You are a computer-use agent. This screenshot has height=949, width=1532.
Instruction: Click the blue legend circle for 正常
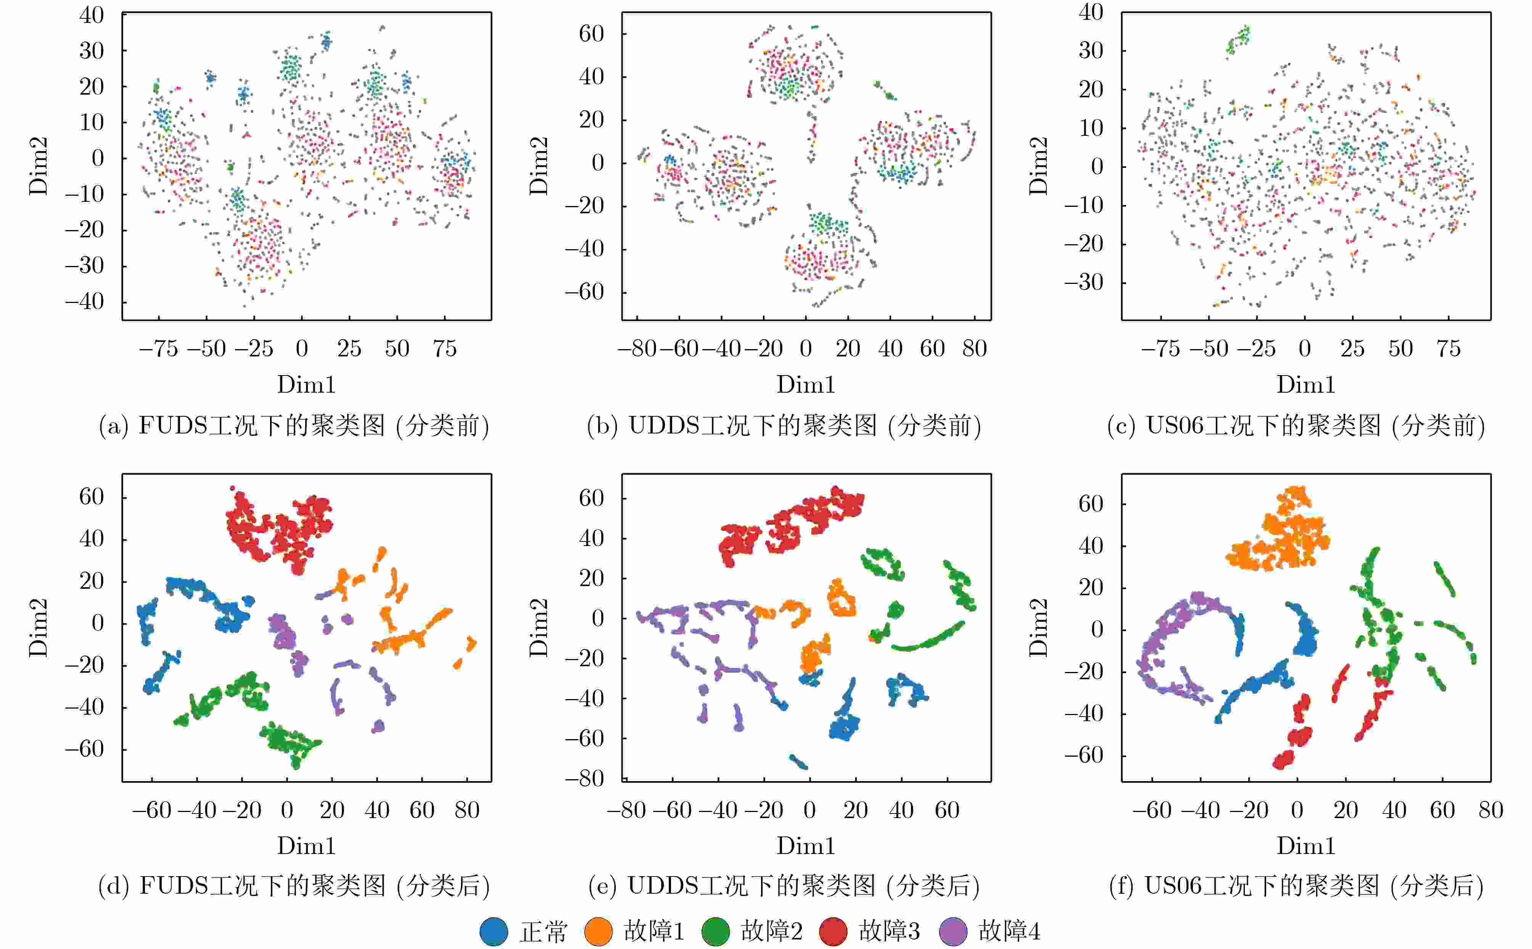click(x=494, y=931)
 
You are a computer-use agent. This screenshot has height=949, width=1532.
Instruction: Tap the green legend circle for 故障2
click(x=715, y=931)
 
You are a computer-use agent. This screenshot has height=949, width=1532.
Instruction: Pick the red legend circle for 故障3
click(x=833, y=931)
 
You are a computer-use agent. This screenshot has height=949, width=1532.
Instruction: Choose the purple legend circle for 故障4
click(x=953, y=931)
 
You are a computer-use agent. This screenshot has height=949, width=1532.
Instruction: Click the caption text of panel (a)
click(x=294, y=426)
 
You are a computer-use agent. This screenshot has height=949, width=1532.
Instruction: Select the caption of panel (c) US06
click(x=1296, y=426)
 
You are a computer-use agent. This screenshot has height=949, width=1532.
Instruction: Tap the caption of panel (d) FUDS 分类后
click(x=294, y=886)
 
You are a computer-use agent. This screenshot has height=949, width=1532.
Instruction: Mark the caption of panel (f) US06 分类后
click(x=1296, y=886)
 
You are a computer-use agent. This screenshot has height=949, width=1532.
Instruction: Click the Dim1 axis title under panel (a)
click(x=306, y=384)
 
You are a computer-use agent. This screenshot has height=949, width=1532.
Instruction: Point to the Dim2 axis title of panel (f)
click(x=1039, y=628)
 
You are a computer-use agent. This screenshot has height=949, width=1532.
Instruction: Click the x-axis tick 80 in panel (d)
click(x=467, y=810)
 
